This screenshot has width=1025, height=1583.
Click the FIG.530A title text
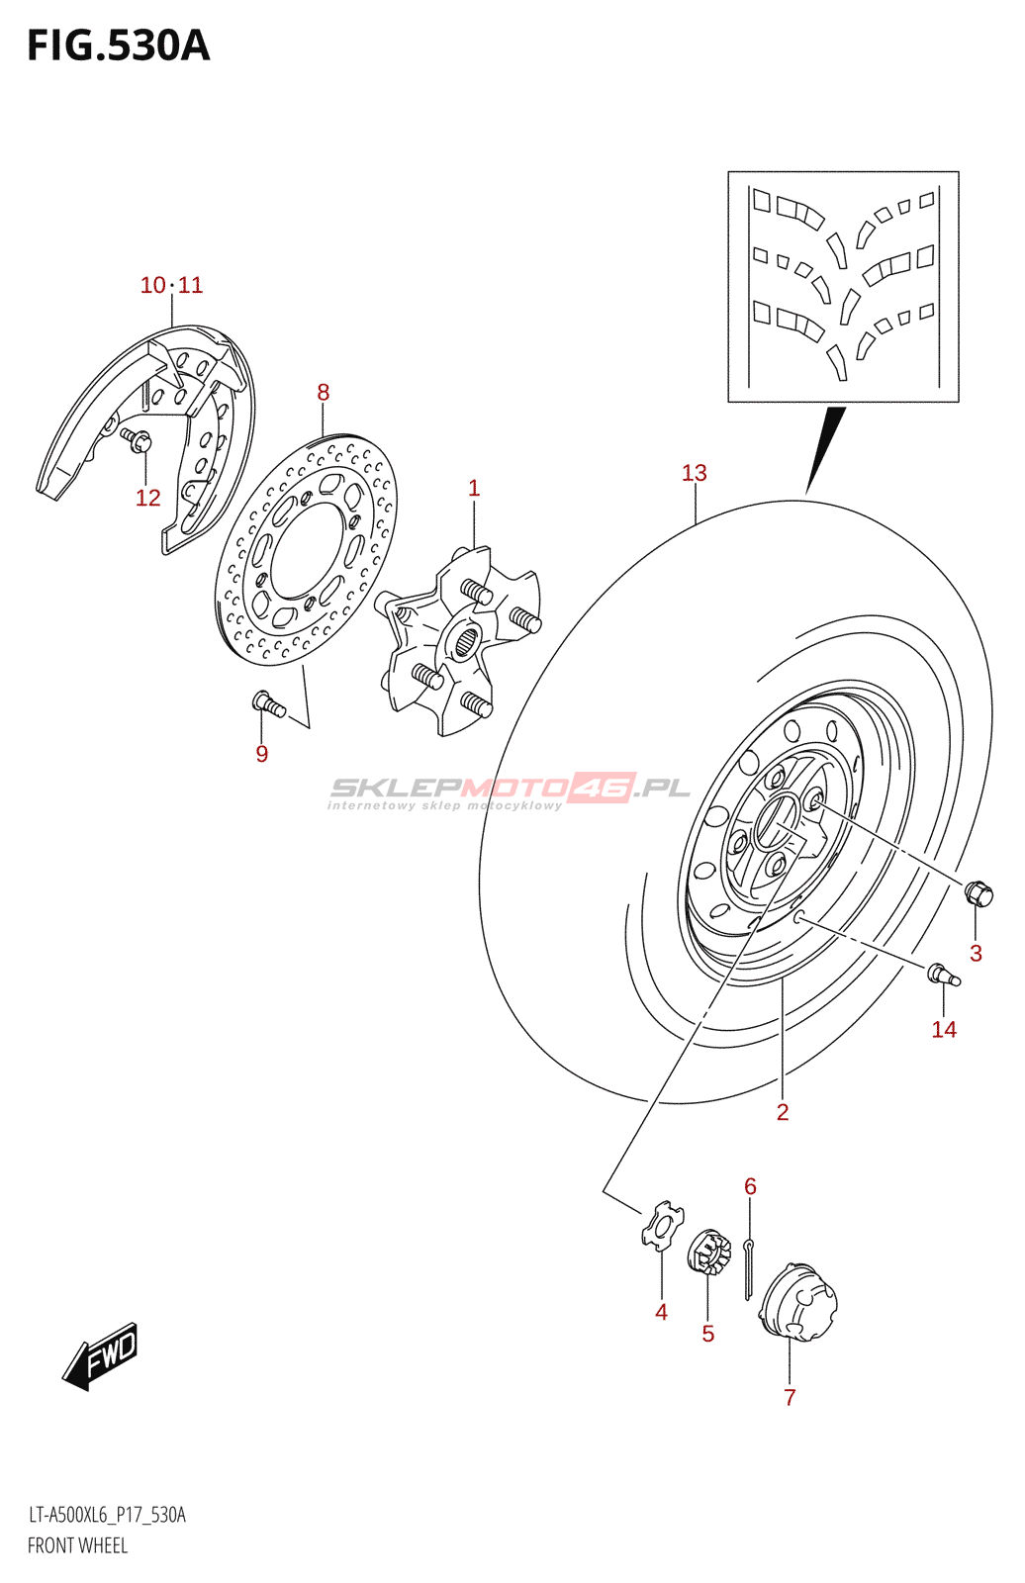coord(119,46)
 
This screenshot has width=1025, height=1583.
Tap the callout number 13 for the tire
coord(694,473)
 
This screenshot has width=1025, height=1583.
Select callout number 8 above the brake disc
coord(323,392)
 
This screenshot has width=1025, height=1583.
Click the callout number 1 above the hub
coord(474,488)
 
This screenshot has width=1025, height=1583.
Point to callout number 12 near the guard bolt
coord(147,498)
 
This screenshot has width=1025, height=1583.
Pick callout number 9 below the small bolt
coord(261,754)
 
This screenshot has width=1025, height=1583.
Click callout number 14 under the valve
coord(944,1030)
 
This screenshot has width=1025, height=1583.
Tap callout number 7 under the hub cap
coord(790,1397)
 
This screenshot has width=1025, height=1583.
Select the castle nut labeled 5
coord(708,1254)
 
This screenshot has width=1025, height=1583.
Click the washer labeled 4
coord(661,1226)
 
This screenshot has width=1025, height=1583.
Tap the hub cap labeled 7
coord(799,1303)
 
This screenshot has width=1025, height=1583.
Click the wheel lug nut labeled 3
coord(978,894)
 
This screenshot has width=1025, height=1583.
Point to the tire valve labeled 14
coord(943,975)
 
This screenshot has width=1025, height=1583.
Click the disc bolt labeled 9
coord(268,704)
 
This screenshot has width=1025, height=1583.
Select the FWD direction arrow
coord(101,1355)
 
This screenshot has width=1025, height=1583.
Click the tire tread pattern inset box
coord(843,287)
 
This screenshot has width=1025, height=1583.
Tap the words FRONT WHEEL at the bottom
coord(77,1545)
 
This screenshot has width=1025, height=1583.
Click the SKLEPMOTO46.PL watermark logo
coord(510,790)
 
